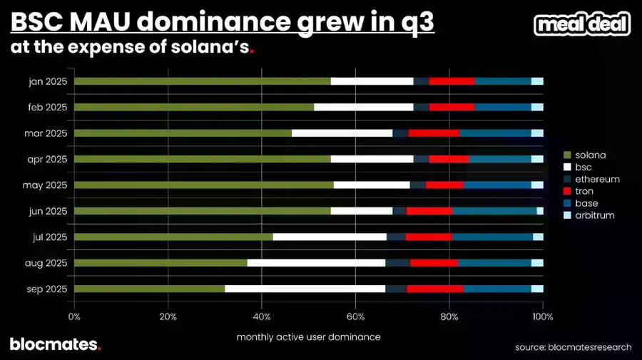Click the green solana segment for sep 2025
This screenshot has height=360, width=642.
(x=149, y=289)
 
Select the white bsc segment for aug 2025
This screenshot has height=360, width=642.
(x=316, y=263)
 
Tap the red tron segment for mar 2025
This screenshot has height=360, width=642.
(x=434, y=133)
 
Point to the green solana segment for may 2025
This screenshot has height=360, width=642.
(x=203, y=185)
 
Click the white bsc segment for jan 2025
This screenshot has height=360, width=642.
(x=372, y=81)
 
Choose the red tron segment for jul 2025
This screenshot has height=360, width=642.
(x=429, y=237)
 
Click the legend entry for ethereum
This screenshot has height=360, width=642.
(x=591, y=179)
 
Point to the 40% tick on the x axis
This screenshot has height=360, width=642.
(x=262, y=316)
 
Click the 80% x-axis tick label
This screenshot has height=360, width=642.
(x=449, y=316)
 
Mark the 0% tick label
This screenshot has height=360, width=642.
(x=74, y=316)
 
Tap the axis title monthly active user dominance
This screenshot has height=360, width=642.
(x=308, y=336)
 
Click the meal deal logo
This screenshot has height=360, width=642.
(x=582, y=25)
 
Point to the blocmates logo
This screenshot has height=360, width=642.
(x=55, y=344)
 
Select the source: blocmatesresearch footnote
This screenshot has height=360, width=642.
(x=573, y=347)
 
